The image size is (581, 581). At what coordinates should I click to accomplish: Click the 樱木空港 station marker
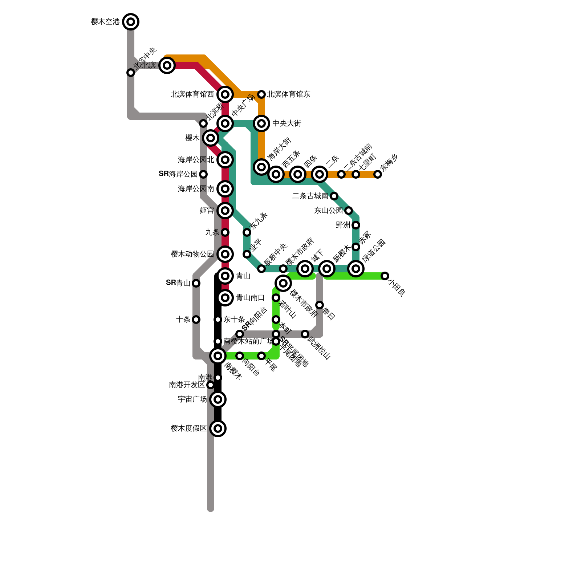(x=131, y=22)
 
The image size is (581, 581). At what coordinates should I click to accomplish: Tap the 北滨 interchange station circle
(x=167, y=65)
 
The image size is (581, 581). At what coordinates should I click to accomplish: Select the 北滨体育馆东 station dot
(x=261, y=94)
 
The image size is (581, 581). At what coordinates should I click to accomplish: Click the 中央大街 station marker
(x=261, y=123)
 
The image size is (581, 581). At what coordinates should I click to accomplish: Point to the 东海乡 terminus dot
(x=378, y=174)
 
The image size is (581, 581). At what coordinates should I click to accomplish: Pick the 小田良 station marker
(x=385, y=276)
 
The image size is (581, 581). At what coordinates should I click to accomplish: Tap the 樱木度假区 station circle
(x=218, y=428)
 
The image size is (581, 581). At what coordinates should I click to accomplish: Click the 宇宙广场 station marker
(x=218, y=399)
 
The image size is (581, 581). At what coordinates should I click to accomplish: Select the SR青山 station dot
(x=196, y=283)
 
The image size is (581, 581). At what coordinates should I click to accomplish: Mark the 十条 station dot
(x=196, y=320)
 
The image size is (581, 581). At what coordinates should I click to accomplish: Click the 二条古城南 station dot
(x=334, y=196)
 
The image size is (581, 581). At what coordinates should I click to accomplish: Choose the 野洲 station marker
(x=356, y=225)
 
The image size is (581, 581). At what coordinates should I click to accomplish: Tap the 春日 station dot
(x=320, y=305)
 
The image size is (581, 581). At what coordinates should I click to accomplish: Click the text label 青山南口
(x=250, y=298)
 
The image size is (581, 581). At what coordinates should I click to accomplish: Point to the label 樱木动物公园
(x=192, y=254)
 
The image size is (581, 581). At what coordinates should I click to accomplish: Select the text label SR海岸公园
(x=178, y=174)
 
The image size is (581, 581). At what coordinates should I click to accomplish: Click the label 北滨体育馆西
(x=192, y=94)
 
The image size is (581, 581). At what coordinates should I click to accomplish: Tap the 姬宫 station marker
(x=225, y=211)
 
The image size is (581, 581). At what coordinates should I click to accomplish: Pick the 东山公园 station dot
(x=349, y=211)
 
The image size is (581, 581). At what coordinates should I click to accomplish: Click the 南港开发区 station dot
(x=211, y=385)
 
